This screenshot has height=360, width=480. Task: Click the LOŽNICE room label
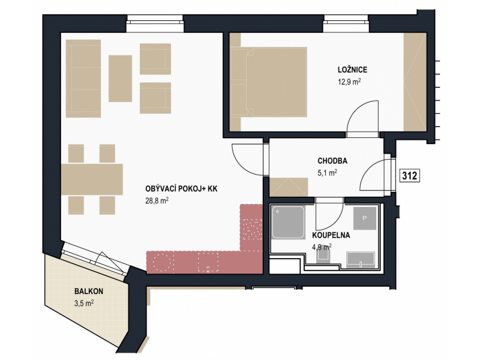tap(352, 70)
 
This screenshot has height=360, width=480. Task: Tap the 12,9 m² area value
tap(349, 82)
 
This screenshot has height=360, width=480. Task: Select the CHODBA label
tap(332, 161)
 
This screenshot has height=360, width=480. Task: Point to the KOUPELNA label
tap(331, 235)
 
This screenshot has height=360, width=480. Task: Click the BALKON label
tap(89, 291)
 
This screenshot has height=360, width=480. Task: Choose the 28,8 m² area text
tap(157, 201)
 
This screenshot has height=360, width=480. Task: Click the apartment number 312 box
tap(410, 176)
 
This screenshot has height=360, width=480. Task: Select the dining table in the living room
tap(92, 179)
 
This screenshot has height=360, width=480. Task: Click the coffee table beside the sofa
tap(121, 79)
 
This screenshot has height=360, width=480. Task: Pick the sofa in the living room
tap(83, 79)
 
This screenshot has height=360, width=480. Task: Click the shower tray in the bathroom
tap(289, 222)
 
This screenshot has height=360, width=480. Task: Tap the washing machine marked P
tap(365, 218)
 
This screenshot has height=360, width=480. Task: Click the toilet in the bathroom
tap(323, 256)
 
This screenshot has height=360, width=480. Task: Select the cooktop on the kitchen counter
tap(252, 229)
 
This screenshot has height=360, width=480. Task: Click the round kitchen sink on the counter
tap(161, 262)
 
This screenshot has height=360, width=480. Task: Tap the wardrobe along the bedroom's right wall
tap(415, 82)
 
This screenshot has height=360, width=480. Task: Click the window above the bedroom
tap(346, 23)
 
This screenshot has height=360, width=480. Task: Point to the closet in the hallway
tap(289, 187)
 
